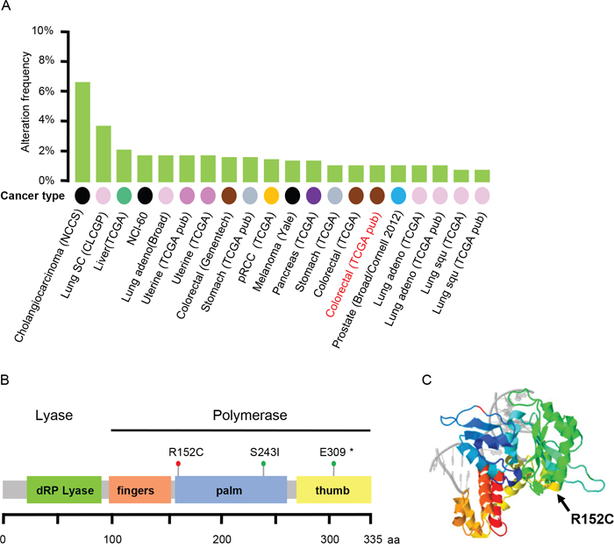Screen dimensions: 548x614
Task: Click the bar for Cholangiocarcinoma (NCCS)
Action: [82, 131]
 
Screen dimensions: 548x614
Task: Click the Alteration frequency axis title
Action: [25, 105]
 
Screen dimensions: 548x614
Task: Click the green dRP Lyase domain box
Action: [61, 488]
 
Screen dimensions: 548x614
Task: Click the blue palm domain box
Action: [231, 488]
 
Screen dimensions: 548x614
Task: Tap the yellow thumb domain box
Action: [334, 488]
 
